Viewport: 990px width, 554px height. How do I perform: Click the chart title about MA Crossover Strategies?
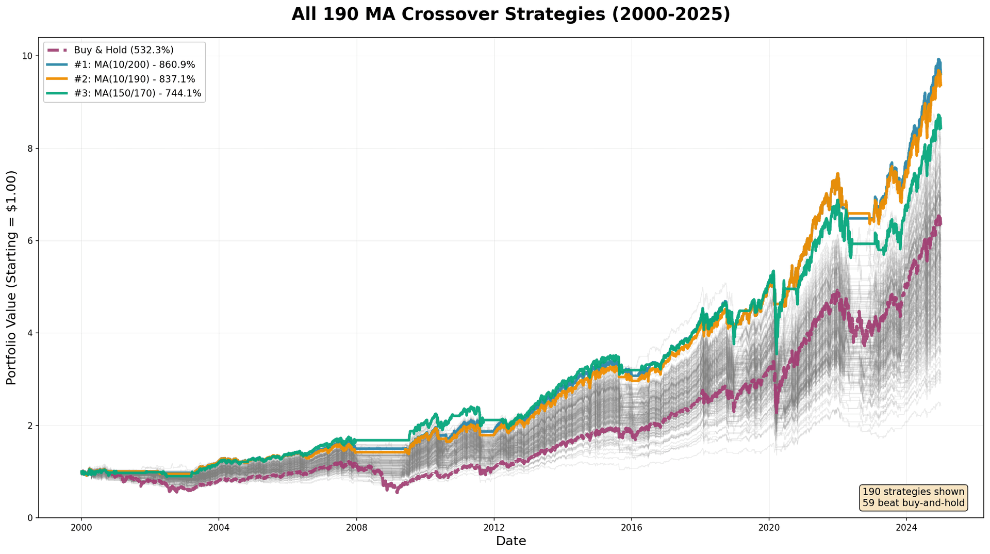click(x=510, y=14)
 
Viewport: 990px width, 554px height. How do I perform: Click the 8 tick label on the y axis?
click(x=30, y=149)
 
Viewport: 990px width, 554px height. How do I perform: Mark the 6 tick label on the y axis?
click(x=30, y=241)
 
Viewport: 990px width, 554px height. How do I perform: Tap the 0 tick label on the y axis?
click(x=30, y=518)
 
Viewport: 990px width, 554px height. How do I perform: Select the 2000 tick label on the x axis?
click(x=81, y=528)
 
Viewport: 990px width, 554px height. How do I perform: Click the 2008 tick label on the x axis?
click(x=356, y=528)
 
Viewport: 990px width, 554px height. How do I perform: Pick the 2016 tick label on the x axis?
click(x=632, y=528)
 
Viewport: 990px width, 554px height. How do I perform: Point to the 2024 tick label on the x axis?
click(x=906, y=528)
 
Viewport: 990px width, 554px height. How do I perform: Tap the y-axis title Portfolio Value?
click(x=12, y=278)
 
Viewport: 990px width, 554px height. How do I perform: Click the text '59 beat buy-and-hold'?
click(x=913, y=503)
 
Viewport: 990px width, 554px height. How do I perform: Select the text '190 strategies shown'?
click(x=913, y=492)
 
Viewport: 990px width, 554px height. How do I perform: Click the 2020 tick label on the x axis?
click(x=769, y=528)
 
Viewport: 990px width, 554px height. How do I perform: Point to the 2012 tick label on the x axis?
click(x=494, y=528)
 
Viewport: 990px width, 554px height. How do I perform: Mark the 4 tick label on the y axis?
click(x=30, y=333)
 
